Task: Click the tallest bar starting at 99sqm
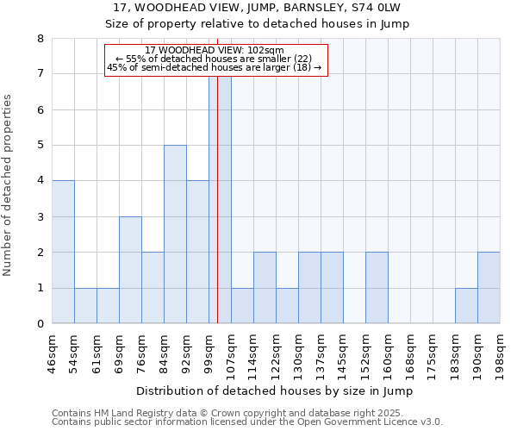click(220, 199)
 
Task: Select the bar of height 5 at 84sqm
click(175, 234)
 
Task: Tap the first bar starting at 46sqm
click(63, 252)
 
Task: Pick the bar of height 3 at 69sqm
click(130, 270)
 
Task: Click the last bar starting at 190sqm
click(489, 288)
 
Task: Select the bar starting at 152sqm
click(377, 288)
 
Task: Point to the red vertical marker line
click(218, 215)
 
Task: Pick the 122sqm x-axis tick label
click(276, 353)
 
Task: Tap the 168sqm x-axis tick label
click(410, 353)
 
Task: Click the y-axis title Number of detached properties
click(9, 185)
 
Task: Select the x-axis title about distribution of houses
click(275, 391)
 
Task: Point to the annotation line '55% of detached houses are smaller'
click(218, 59)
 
